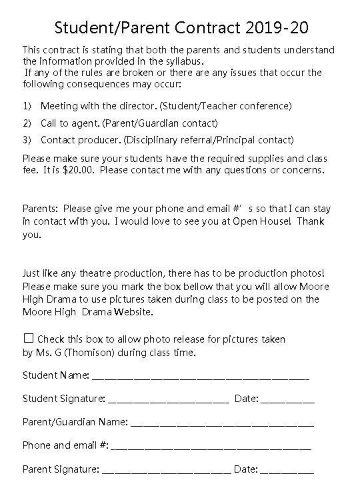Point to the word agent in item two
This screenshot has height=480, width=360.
(83, 123)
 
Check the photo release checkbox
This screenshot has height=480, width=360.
(28, 339)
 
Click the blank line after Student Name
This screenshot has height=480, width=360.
(200, 377)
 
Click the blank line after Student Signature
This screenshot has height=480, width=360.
(168, 400)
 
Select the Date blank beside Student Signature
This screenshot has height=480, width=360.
(287, 400)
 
